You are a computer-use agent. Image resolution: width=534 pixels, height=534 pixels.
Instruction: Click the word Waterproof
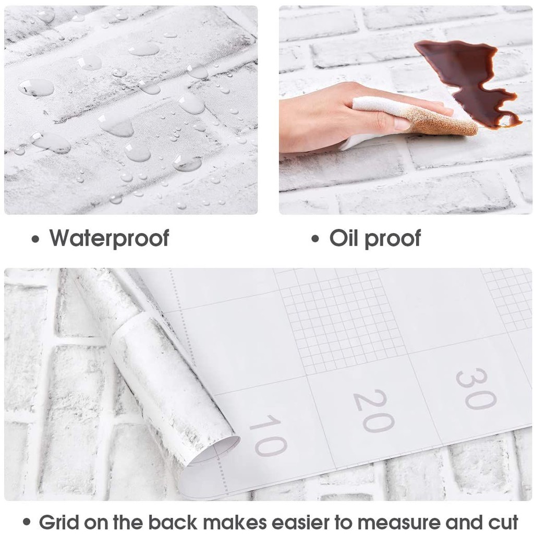(x=109, y=238)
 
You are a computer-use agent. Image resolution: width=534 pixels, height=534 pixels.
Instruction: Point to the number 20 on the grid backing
(x=374, y=410)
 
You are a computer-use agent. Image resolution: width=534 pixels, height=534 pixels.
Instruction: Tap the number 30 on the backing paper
(x=475, y=389)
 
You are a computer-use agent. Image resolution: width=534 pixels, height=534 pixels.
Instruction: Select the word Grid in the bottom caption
(x=58, y=522)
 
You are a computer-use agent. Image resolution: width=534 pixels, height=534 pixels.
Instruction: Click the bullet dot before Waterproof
(x=35, y=239)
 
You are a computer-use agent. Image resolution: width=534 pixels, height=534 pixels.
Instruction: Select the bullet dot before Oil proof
(x=315, y=239)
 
